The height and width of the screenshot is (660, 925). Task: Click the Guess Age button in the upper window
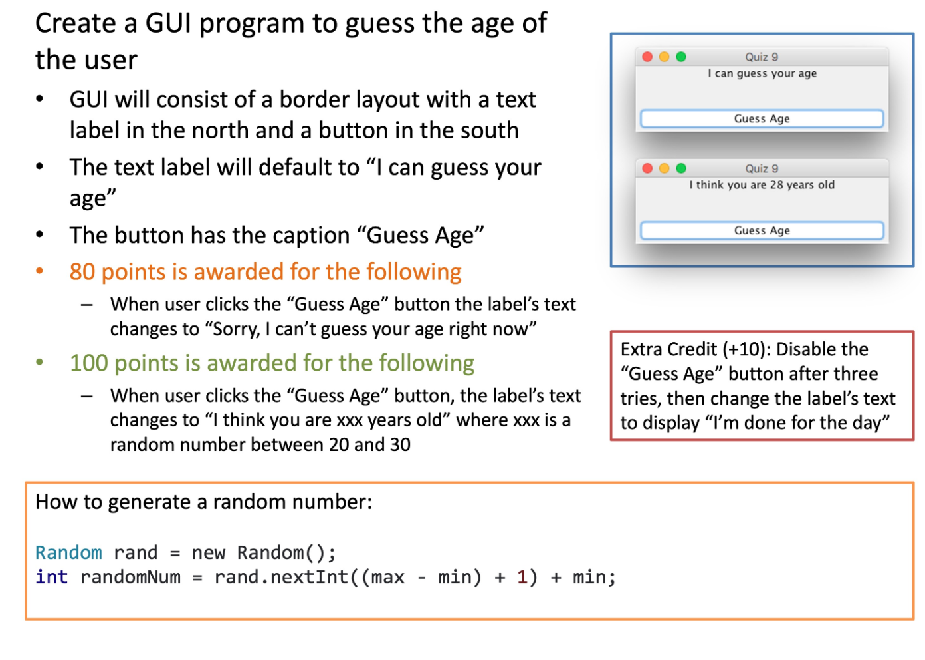point(762,118)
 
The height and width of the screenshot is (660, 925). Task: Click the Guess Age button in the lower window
point(762,230)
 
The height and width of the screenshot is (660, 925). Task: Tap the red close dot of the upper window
point(647,57)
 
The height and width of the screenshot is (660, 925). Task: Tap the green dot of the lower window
point(681,168)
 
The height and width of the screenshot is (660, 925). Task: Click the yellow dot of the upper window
point(664,57)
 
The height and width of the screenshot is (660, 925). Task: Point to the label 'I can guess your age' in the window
point(762,73)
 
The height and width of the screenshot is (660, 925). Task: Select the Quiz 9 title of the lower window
point(762,168)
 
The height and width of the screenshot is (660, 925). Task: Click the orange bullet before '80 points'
point(40,271)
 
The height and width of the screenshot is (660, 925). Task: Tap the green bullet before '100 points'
point(40,362)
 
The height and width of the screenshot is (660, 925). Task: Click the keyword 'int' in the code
point(51,577)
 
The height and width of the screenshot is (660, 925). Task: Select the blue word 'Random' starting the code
point(68,552)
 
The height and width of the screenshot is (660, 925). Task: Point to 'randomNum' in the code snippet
point(130,577)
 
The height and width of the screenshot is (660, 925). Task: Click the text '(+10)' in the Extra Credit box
point(746,349)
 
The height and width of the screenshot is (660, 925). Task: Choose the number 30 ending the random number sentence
point(399,444)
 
